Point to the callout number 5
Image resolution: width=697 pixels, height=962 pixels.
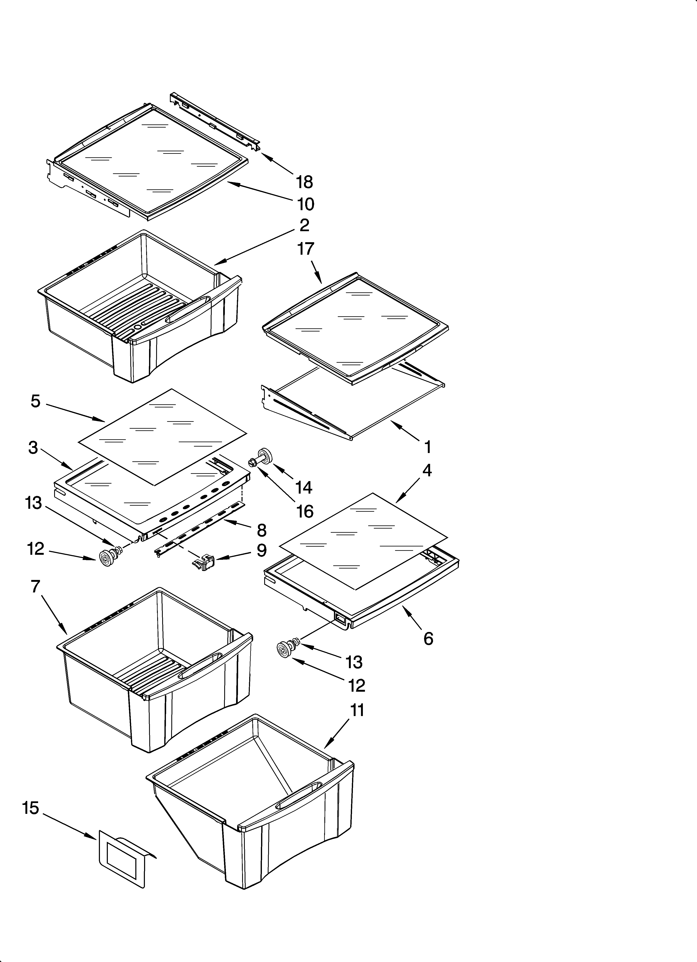[x=36, y=401]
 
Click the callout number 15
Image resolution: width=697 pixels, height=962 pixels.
[x=31, y=808]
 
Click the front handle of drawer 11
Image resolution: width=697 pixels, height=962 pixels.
[x=297, y=797]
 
